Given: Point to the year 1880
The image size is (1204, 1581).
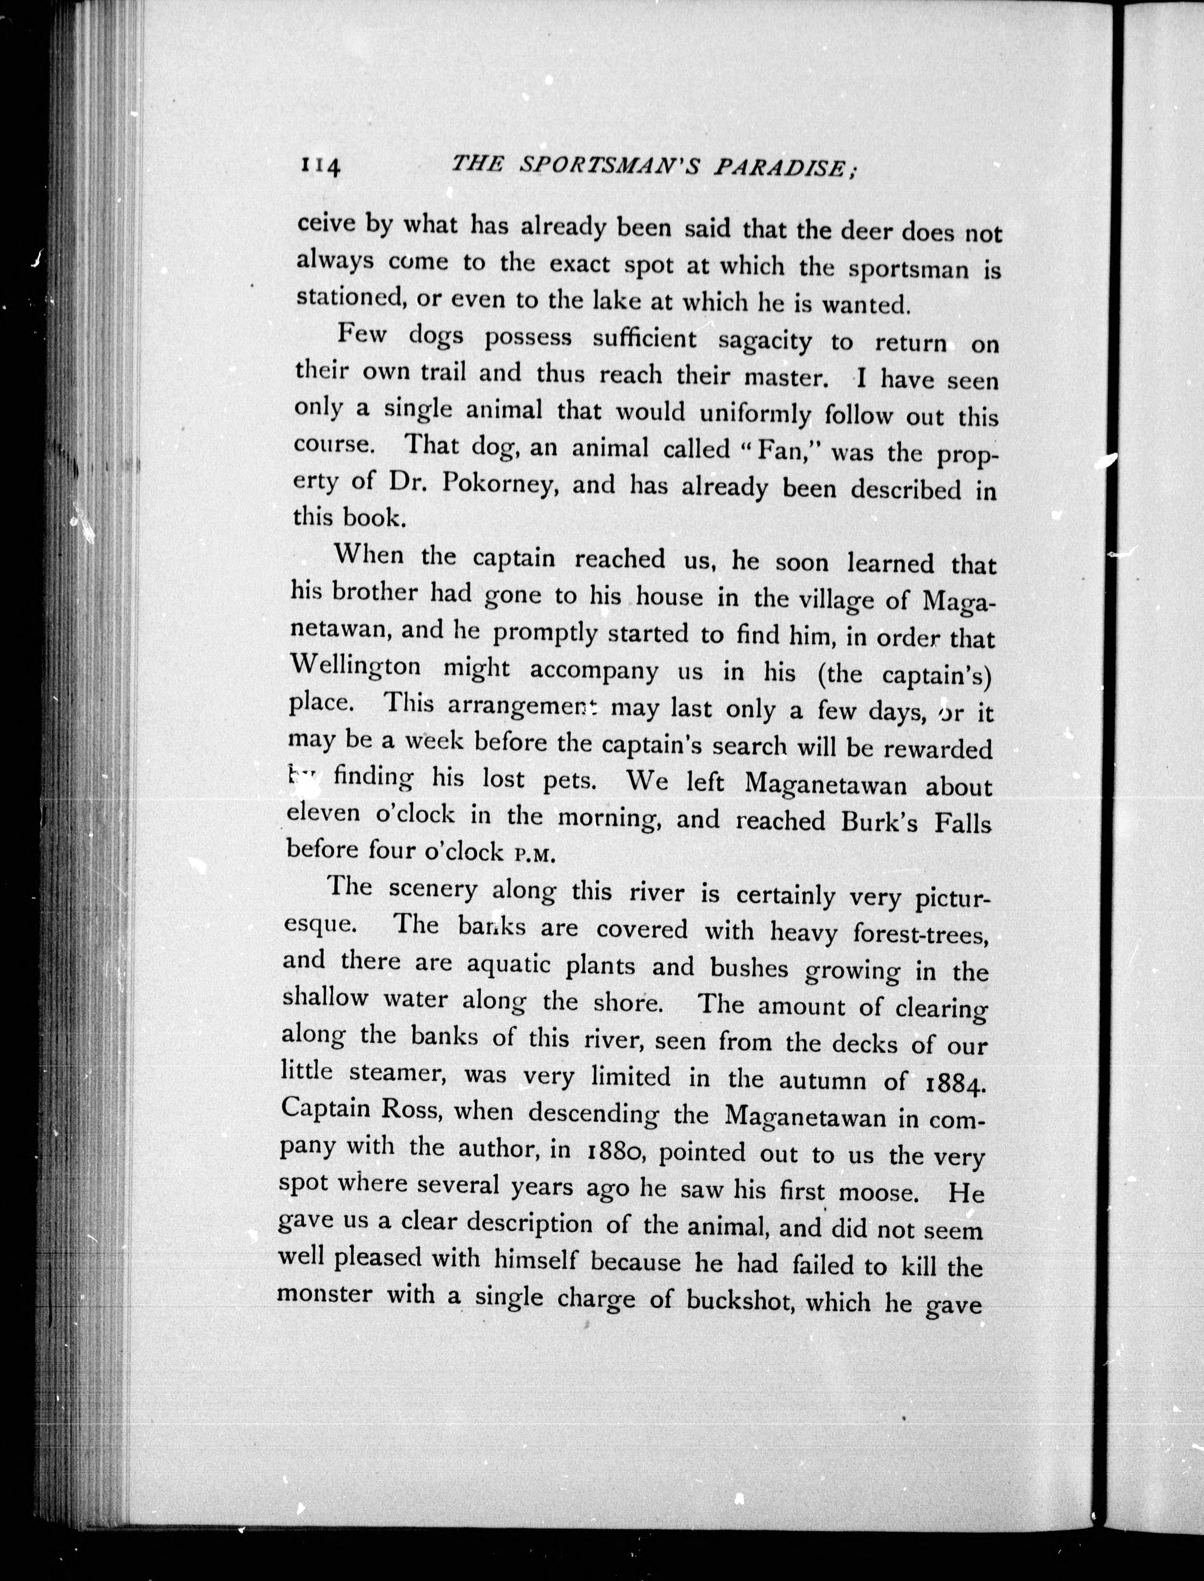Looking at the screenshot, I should click(x=618, y=1150).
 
